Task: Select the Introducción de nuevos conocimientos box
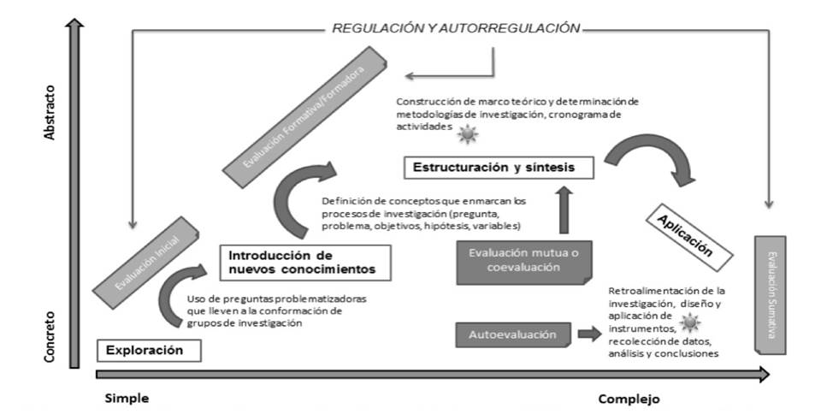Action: point(305,263)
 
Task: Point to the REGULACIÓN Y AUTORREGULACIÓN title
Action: point(456,28)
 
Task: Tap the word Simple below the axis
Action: point(127,399)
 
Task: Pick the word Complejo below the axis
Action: point(629,399)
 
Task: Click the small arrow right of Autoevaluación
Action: point(589,334)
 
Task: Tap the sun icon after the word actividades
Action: point(467,134)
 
